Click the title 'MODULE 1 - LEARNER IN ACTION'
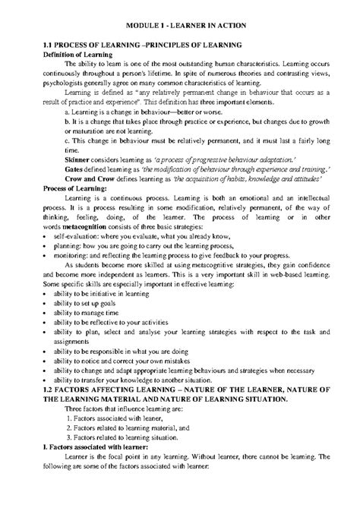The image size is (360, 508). pyautogui.click(x=179, y=26)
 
